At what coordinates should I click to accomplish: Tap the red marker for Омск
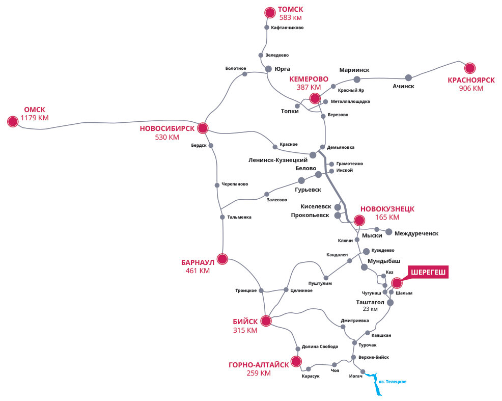click(x=13, y=121)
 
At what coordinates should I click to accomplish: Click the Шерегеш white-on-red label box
click(x=428, y=273)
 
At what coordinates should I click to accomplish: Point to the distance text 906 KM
click(x=471, y=88)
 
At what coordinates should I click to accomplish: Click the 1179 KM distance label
click(x=35, y=118)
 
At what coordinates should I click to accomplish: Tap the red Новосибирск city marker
click(x=203, y=128)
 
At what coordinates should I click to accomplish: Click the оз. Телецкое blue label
click(x=393, y=382)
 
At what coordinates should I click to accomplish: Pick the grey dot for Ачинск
click(x=408, y=77)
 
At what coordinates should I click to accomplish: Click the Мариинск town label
click(x=354, y=70)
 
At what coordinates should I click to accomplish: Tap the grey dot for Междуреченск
click(x=389, y=232)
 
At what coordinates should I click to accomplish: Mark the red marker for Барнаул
click(x=222, y=258)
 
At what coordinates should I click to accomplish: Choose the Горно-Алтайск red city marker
click(x=296, y=362)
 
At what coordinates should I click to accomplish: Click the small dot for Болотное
click(x=245, y=74)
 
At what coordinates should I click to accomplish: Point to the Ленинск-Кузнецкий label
click(x=278, y=160)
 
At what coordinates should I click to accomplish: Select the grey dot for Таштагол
click(x=390, y=302)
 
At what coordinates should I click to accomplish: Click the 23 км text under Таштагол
click(x=370, y=309)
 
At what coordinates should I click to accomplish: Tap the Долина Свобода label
click(x=320, y=346)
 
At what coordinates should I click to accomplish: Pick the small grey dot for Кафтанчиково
click(x=267, y=28)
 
